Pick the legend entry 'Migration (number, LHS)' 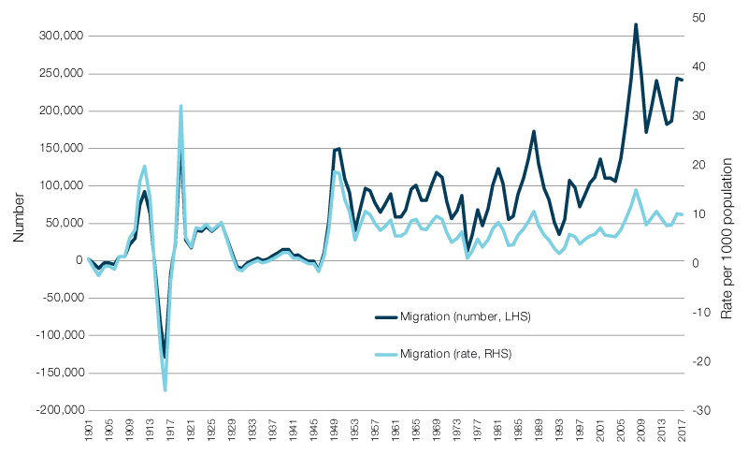point(465,317)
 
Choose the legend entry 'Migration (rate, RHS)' point(455,354)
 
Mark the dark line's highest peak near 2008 point(636,24)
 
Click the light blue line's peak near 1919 point(180,106)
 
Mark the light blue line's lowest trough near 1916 point(165,389)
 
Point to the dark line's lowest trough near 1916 point(165,357)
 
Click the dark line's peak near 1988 point(533,131)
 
